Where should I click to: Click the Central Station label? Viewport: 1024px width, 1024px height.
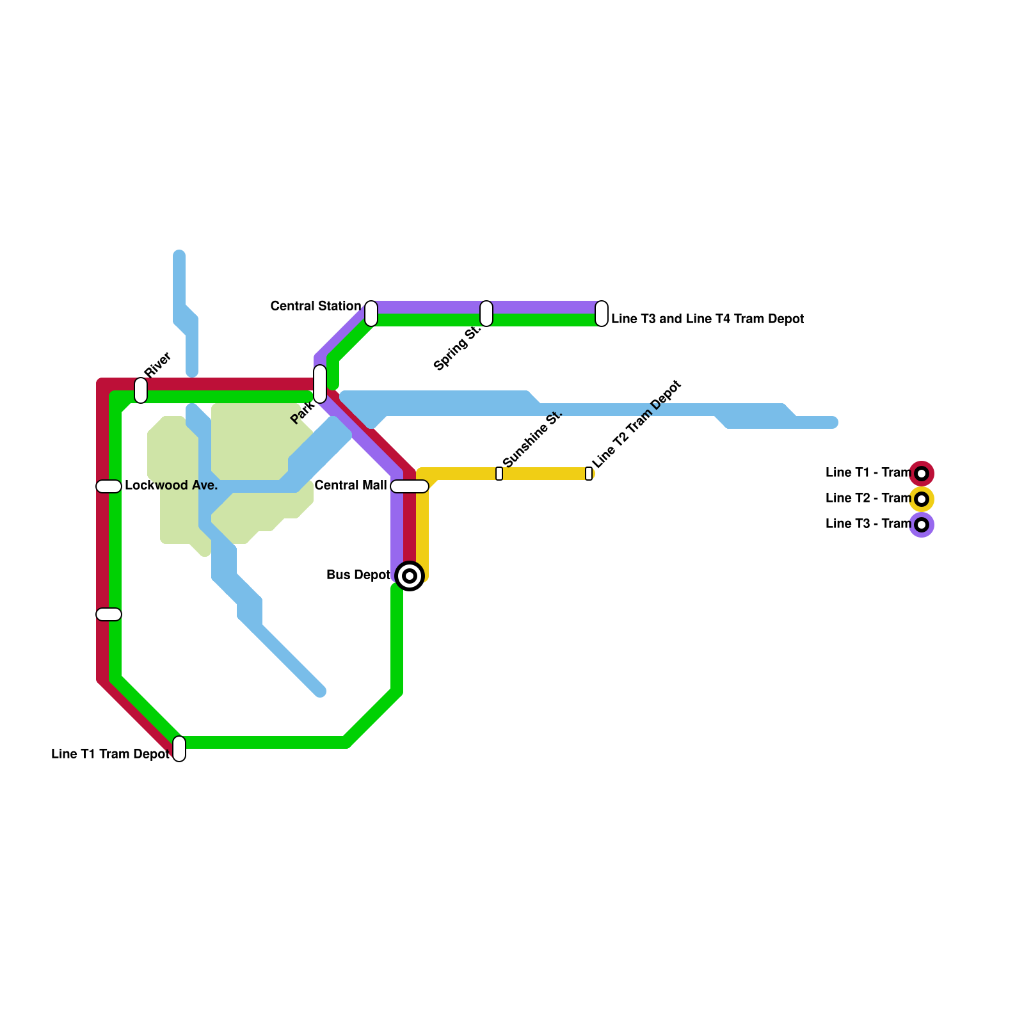pyautogui.click(x=316, y=307)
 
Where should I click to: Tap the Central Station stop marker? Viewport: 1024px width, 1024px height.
pyautogui.click(x=371, y=313)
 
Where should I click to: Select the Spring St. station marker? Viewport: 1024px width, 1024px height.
pyautogui.click(x=486, y=313)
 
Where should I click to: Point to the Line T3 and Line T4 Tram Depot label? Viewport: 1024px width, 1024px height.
pyautogui.click(x=707, y=319)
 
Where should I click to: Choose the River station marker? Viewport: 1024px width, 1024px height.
pyautogui.click(x=141, y=390)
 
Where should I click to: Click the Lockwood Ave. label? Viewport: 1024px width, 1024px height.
pyautogui.click(x=172, y=486)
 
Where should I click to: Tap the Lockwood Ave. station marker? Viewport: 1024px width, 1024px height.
pyautogui.click(x=109, y=486)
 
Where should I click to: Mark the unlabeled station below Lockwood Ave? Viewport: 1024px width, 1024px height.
pyautogui.click(x=109, y=614)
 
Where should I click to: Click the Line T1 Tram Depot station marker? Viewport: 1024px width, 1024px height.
pyautogui.click(x=179, y=749)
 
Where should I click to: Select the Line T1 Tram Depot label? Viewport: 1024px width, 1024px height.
pyautogui.click(x=110, y=755)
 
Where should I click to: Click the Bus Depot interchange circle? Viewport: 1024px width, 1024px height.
pyautogui.click(x=410, y=576)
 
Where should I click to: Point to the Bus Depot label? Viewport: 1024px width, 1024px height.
pyautogui.click(x=358, y=575)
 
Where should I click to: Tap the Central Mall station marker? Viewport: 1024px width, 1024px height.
pyautogui.click(x=410, y=486)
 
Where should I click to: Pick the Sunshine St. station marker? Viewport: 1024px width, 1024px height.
pyautogui.click(x=499, y=474)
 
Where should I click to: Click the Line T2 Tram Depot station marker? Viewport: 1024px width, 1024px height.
pyautogui.click(x=589, y=474)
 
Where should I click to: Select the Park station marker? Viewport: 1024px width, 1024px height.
pyautogui.click(x=320, y=384)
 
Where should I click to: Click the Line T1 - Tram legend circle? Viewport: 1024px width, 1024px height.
pyautogui.click(x=922, y=474)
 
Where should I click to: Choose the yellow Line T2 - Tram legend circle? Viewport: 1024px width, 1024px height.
pyautogui.click(x=922, y=499)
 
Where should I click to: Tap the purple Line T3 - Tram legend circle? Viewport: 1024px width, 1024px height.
pyautogui.click(x=922, y=525)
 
